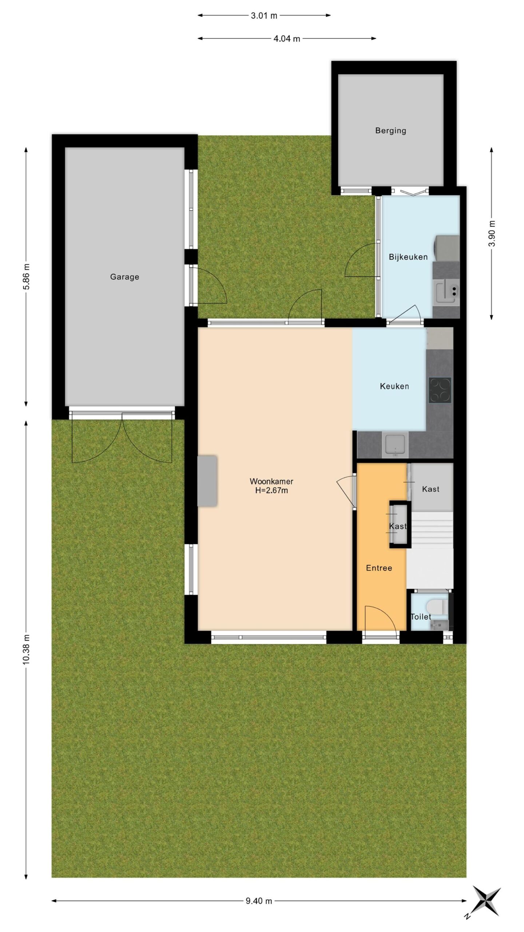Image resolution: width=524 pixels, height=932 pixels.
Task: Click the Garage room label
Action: [x=124, y=277]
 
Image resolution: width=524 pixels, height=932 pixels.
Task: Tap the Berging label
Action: [x=390, y=130]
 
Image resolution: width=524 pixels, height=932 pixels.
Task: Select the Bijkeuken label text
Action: [x=408, y=257]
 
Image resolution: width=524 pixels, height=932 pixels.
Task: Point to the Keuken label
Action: [x=394, y=386]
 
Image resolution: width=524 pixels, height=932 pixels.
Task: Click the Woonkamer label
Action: [x=271, y=481]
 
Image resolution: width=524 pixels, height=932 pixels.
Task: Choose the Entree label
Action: [x=379, y=568]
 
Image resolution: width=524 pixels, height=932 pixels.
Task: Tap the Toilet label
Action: [x=421, y=616]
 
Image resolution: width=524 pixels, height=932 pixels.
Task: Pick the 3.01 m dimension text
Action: [x=264, y=15]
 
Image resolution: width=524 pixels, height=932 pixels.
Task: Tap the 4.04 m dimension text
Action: [x=287, y=38]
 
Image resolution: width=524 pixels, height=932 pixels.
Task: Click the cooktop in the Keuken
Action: [x=440, y=390]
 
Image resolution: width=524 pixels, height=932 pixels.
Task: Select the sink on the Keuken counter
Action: [x=395, y=446]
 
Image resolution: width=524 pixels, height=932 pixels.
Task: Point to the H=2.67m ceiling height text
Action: [x=271, y=490]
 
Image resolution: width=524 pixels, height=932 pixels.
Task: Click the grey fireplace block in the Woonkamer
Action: [x=207, y=481]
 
